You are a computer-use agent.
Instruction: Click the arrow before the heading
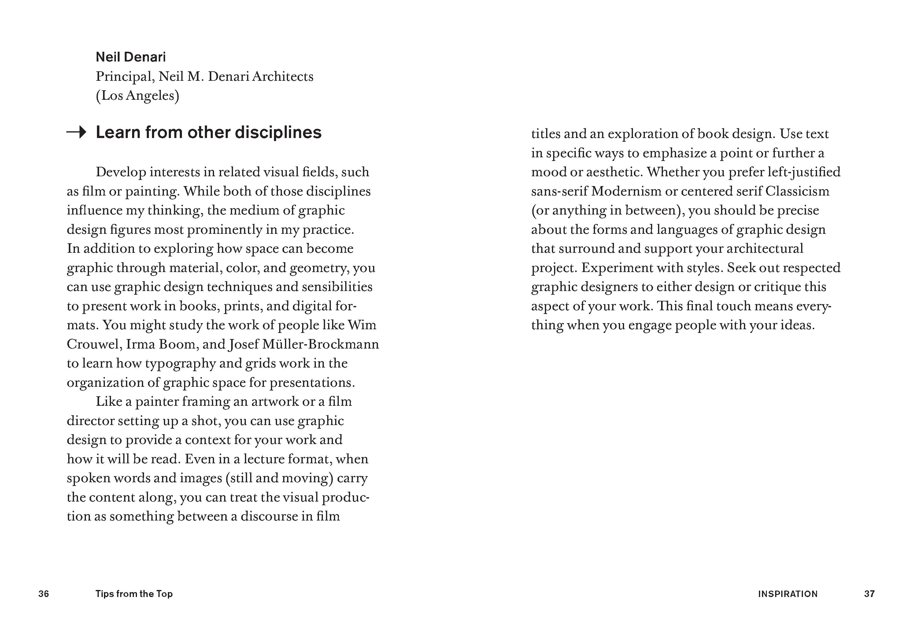click(76, 132)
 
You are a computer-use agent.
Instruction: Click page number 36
click(43, 594)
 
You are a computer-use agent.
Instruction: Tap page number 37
click(870, 594)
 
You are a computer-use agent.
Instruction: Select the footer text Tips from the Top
click(134, 594)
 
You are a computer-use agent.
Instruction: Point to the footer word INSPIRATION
click(788, 594)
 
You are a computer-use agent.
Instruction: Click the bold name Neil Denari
click(131, 57)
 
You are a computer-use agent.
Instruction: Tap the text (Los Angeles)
click(137, 95)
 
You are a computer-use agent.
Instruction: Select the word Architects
click(283, 77)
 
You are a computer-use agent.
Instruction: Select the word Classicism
click(797, 191)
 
